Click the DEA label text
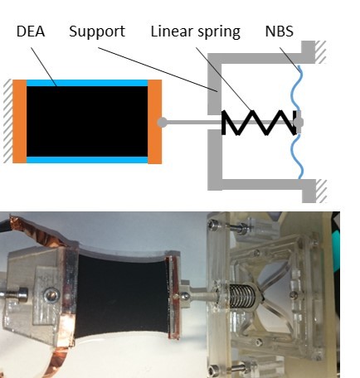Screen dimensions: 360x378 [31, 31]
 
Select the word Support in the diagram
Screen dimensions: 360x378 [97, 31]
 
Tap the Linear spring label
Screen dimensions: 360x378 [195, 31]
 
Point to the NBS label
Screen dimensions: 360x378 [280, 31]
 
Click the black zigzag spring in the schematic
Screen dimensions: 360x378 [260, 123]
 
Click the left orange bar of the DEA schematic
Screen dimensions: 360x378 [20, 121]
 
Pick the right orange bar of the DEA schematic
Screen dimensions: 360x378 [154, 121]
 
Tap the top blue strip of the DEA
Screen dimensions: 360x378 [87, 83]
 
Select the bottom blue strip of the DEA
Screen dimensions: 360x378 [87, 160]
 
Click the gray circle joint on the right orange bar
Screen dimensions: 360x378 [162, 122]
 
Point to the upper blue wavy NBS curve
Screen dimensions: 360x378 [296, 88]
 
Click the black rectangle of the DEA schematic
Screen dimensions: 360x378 [87, 121]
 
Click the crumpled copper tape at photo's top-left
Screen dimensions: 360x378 [36, 230]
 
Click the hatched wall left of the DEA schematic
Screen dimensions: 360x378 [8, 121]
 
